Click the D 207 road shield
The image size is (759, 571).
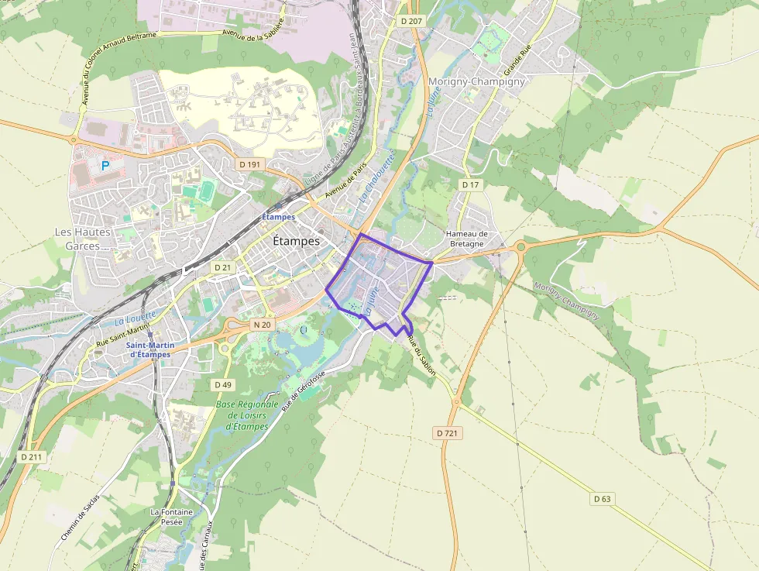[411, 21]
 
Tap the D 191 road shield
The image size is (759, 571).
[250, 164]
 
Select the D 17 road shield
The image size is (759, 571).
[470, 185]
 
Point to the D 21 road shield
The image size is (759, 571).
[222, 267]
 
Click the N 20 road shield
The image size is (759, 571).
[262, 325]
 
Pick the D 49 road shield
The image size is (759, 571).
[222, 384]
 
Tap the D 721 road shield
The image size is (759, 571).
[447, 433]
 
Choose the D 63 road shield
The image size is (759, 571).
[603, 498]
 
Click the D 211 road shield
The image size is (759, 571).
[32, 457]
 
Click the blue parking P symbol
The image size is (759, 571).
[105, 166]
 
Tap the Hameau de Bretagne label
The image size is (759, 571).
[467, 239]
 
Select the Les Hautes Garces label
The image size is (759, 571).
[83, 239]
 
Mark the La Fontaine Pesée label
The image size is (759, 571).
[167, 517]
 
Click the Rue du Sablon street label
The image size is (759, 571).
[421, 359]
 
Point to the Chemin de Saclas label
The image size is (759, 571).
[81, 518]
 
